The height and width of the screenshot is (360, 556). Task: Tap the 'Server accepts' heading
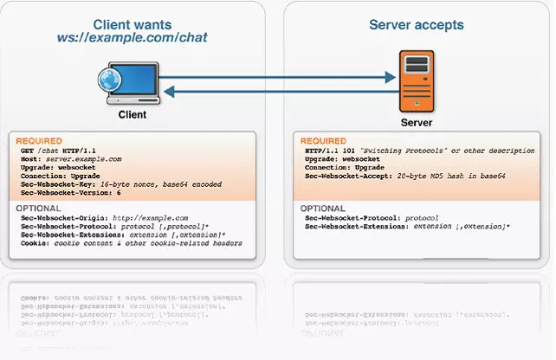point(416,24)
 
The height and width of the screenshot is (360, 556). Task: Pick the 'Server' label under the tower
point(417,123)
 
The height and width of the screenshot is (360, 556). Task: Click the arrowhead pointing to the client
point(168,90)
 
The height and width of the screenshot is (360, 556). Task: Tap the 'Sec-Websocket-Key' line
point(121,184)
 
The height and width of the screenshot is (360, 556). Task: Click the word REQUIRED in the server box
point(323,141)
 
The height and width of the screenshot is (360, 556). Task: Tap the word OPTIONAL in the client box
point(38,209)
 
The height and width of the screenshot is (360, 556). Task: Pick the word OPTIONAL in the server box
point(323,209)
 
